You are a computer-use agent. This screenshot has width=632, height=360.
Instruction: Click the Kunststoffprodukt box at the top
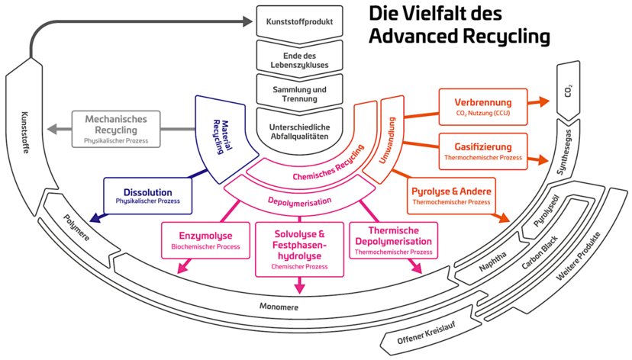point(300,21)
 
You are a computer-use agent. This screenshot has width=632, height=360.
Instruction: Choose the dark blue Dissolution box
point(147,196)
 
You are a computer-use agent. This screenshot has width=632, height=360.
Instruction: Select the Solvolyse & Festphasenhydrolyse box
point(299,249)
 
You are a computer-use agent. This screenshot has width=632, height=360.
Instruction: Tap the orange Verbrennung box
point(483,108)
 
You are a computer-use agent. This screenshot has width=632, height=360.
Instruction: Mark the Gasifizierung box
point(483,150)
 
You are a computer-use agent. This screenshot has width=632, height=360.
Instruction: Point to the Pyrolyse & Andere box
point(453,194)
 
